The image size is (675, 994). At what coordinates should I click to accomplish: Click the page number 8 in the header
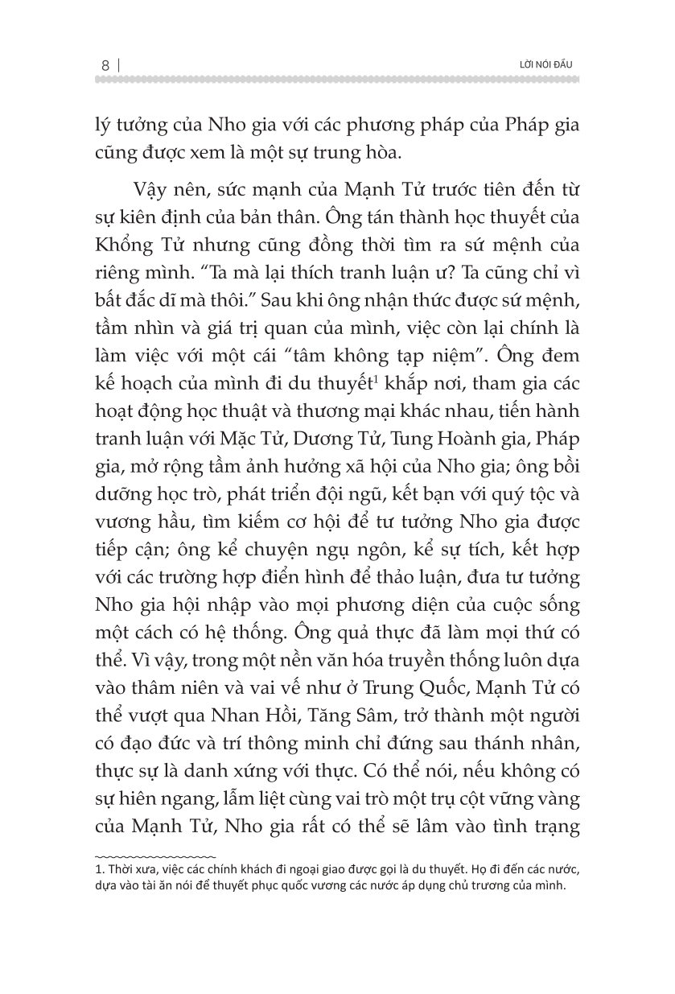105,64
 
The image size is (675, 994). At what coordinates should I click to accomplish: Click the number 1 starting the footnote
98,868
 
